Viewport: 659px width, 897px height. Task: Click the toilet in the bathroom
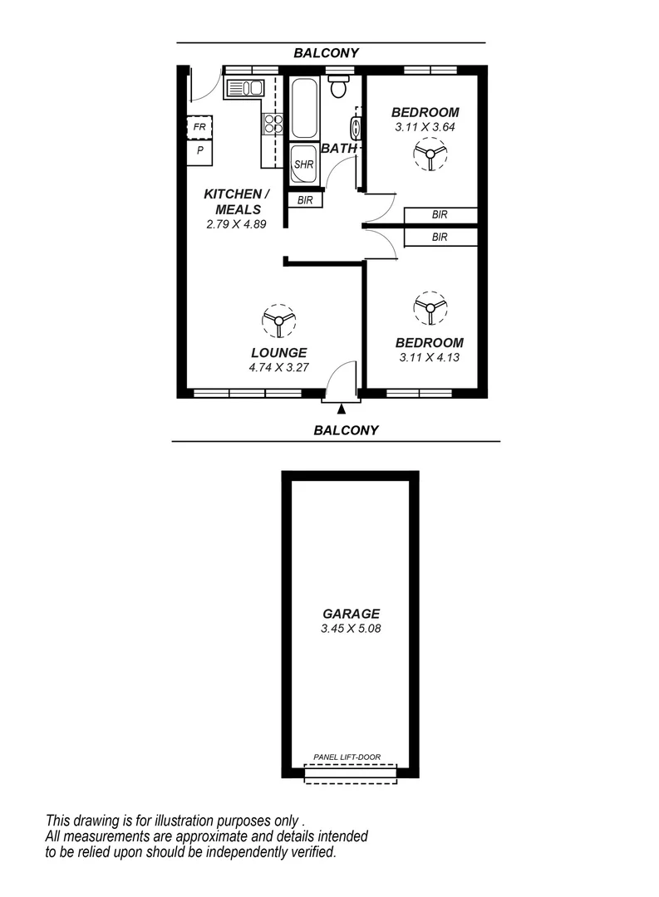point(338,86)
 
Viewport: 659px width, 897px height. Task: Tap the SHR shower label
point(303,164)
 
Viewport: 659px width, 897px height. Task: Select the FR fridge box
point(199,127)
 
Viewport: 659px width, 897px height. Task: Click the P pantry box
point(199,151)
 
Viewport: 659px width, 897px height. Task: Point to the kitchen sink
point(244,87)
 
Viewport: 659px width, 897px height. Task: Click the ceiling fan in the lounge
point(278,320)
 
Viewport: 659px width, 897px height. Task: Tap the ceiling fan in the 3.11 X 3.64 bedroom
point(430,154)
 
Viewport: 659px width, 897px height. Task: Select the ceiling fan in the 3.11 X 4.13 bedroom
point(430,308)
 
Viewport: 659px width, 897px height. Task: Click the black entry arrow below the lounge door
point(341,408)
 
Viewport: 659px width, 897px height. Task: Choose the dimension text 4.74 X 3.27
point(278,366)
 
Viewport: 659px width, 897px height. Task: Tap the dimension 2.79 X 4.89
point(235,224)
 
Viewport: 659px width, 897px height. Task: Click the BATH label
point(339,149)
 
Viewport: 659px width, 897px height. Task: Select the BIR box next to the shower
point(304,200)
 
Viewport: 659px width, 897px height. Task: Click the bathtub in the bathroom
point(303,108)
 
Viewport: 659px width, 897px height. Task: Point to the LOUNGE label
point(278,352)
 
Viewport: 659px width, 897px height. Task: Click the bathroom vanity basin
point(356,129)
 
